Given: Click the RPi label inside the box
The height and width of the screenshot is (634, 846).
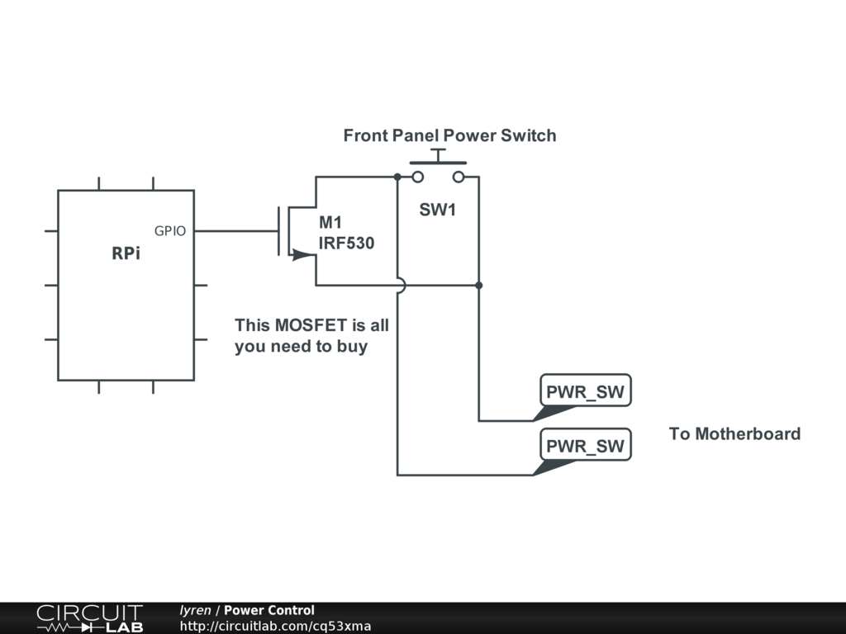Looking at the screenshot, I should click(126, 254).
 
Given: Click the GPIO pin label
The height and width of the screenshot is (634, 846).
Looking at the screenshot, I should click(170, 232).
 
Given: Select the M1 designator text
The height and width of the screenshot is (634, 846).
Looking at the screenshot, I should click(330, 223).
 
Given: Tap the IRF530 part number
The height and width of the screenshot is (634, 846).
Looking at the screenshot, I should click(346, 244).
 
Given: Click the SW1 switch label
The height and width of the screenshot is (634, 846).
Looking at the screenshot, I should click(437, 210).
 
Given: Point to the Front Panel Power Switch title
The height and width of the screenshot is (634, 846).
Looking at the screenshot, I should click(449, 135).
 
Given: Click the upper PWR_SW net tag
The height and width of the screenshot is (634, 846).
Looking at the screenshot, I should click(585, 392).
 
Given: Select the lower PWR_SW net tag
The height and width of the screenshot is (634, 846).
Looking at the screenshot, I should click(585, 447).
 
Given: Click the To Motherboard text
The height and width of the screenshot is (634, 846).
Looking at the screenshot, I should click(734, 434).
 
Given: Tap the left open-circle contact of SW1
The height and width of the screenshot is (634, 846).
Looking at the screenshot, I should click(418, 177).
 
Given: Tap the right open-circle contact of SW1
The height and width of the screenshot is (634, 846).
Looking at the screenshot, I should click(458, 177).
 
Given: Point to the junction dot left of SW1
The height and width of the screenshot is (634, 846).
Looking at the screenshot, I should click(397, 177).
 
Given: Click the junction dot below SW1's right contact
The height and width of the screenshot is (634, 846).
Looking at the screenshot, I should click(479, 286).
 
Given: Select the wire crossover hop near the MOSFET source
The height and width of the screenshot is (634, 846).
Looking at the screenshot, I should click(400, 286).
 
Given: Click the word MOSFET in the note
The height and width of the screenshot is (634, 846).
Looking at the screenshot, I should click(311, 325).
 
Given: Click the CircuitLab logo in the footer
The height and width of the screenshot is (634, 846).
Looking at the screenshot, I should click(89, 618).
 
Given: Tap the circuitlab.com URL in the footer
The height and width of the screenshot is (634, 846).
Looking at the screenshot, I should click(275, 626).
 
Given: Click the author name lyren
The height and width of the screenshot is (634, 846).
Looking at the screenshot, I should click(196, 611).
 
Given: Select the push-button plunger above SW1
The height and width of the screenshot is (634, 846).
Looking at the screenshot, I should click(438, 157).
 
